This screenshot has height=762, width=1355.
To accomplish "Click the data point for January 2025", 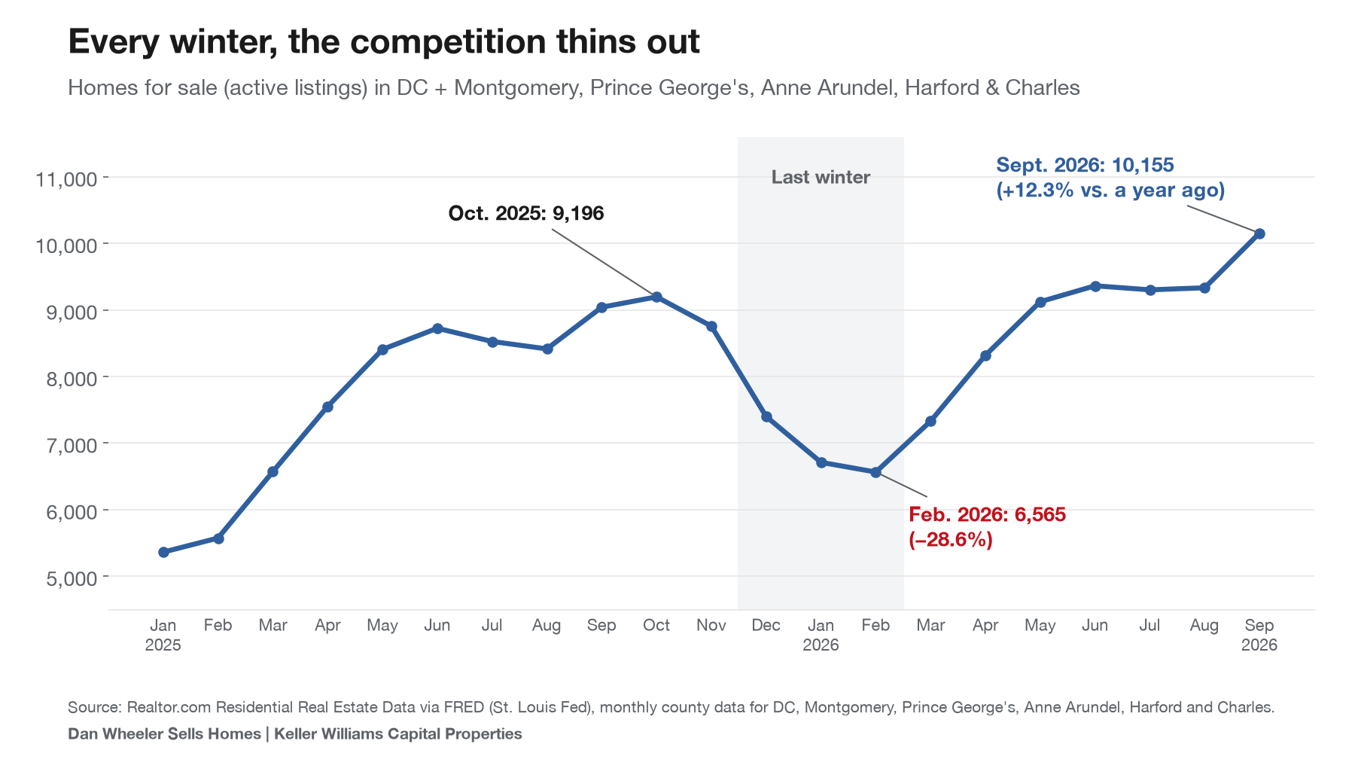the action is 163,552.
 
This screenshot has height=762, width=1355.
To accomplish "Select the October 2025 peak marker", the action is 656,297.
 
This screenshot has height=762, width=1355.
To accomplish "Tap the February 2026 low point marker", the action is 875,472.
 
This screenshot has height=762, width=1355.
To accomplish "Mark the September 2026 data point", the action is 1259,233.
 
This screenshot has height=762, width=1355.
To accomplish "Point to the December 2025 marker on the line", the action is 766,416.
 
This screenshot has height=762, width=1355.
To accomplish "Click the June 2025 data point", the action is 437,328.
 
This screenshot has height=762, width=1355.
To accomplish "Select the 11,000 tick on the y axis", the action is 67,178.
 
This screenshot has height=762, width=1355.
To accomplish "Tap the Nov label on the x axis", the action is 711,625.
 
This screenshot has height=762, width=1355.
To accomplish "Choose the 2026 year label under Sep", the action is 1259,645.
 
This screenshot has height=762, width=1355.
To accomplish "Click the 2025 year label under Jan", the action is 163,645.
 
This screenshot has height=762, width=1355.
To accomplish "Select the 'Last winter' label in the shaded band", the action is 821,177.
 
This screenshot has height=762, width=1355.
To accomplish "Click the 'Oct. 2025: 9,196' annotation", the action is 526,213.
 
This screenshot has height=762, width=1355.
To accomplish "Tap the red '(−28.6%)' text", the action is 951,539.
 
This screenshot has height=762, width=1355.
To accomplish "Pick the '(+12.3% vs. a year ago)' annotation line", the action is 1110,190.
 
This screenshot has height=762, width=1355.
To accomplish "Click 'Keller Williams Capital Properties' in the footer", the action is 398,733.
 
